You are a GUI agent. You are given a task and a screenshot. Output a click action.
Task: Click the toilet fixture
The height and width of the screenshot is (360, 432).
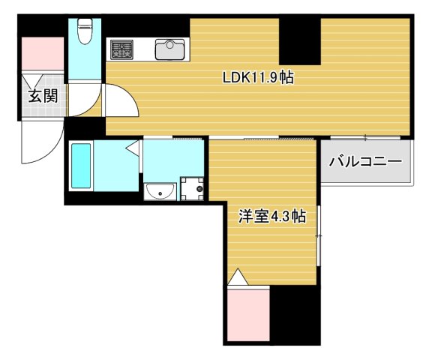(84, 32)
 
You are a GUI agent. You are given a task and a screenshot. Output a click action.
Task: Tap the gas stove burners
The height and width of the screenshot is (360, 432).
(121, 50)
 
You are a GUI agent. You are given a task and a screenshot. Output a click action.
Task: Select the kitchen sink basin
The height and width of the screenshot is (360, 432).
(169, 50)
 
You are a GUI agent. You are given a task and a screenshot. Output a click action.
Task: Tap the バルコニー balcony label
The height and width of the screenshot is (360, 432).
(365, 160)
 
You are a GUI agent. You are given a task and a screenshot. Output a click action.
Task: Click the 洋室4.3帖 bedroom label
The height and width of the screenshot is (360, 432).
(271, 217)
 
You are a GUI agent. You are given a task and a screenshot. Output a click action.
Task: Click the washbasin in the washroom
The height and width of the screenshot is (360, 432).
(160, 193)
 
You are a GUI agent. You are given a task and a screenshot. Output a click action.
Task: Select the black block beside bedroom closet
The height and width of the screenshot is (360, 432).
(295, 315)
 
